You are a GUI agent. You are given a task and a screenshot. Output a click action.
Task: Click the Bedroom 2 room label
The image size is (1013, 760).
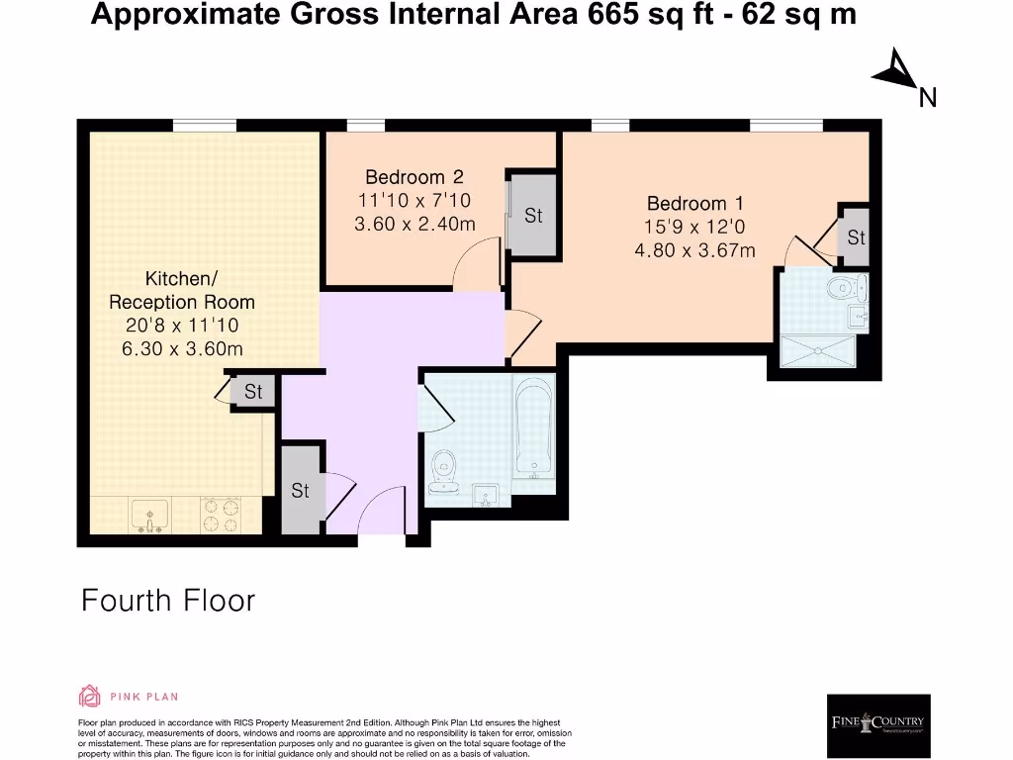(x=414, y=178)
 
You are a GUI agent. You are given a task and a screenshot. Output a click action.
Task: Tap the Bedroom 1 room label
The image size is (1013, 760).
(x=694, y=204)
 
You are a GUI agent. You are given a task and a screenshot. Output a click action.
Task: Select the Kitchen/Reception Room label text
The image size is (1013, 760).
(x=181, y=291)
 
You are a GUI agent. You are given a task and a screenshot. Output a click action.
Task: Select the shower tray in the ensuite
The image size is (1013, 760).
(x=818, y=352)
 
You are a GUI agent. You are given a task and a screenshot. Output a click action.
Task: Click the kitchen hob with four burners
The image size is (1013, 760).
(x=224, y=514)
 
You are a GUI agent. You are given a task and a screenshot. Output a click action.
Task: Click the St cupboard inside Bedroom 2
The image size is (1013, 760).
(x=532, y=216)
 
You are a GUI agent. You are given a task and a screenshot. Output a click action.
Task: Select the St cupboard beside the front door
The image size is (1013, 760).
(x=301, y=490)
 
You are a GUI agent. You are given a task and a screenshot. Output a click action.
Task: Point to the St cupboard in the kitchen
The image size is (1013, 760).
(x=253, y=392)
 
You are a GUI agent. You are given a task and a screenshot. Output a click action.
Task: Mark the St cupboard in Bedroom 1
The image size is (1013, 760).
(x=855, y=237)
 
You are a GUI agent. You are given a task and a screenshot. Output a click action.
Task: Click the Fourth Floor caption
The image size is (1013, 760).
(x=168, y=601)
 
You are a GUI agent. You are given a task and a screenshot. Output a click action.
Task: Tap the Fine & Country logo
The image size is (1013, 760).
(x=877, y=724)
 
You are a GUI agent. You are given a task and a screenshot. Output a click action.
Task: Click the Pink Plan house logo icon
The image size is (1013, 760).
(x=89, y=697)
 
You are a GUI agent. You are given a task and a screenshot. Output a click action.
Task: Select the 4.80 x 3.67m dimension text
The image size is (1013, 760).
(x=694, y=250)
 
